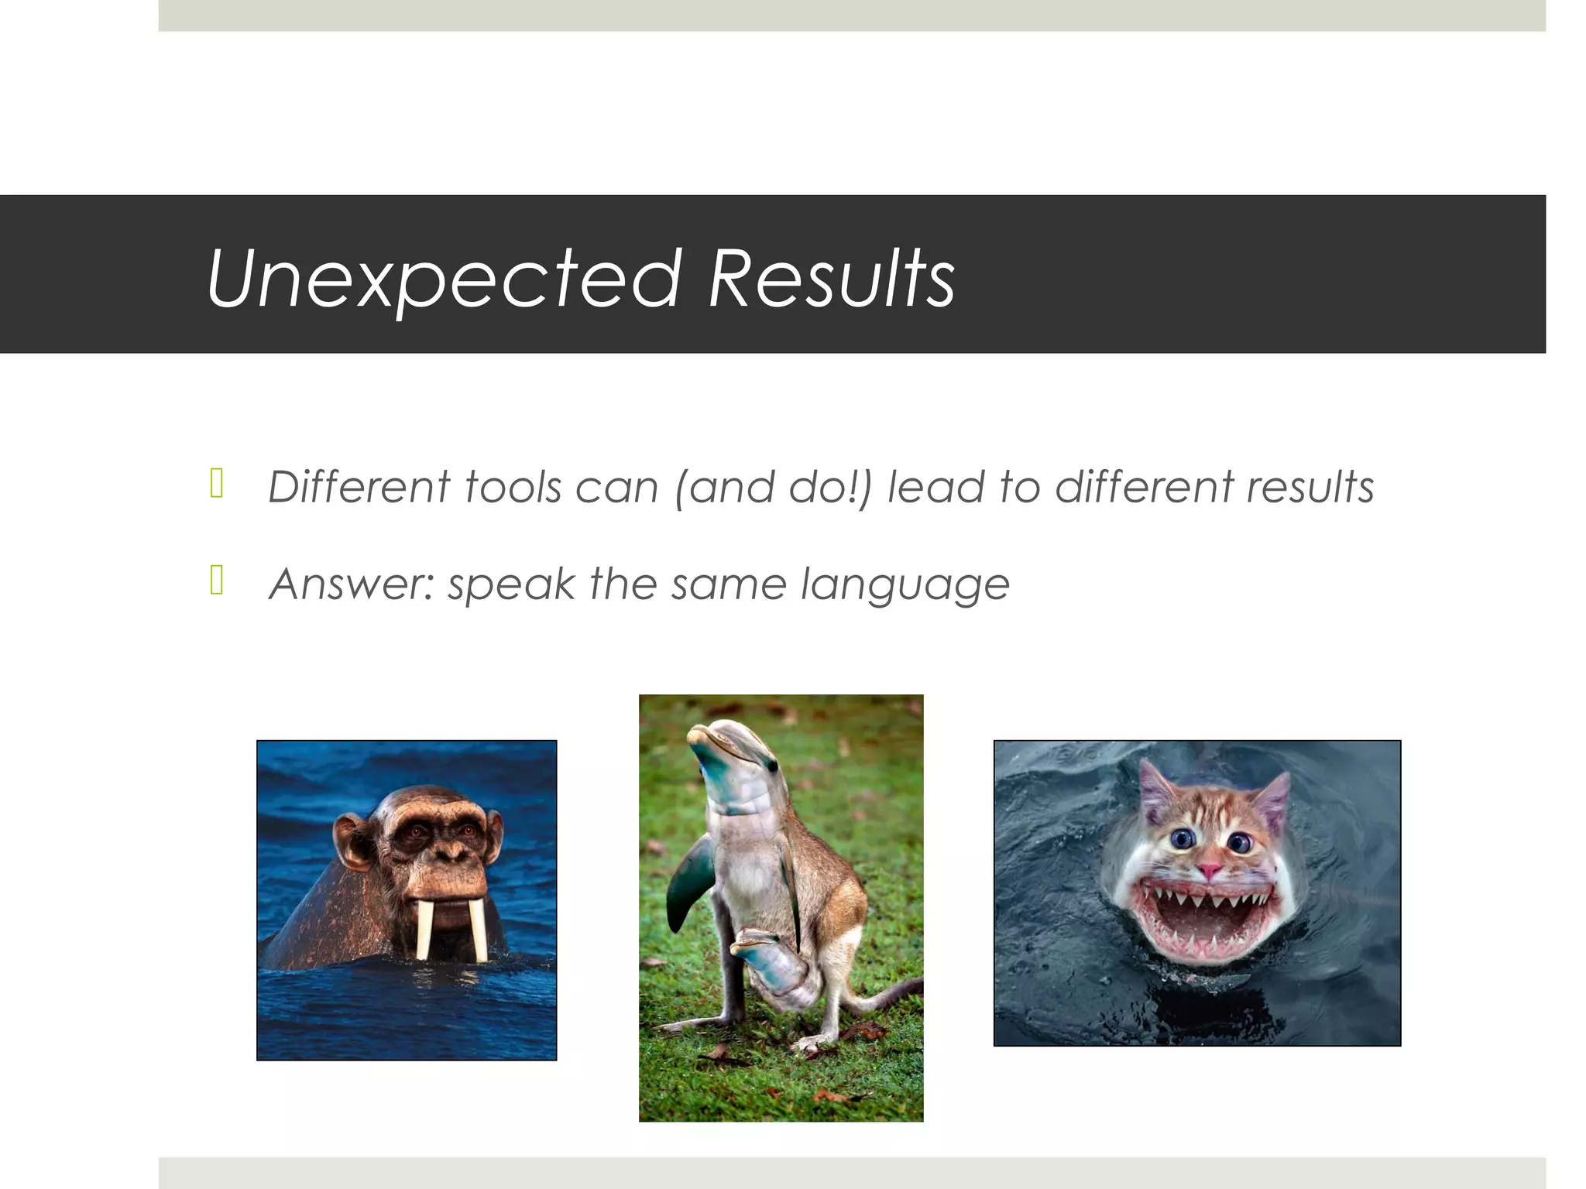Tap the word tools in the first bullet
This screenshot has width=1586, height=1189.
pos(512,488)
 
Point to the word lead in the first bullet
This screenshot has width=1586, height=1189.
pos(935,488)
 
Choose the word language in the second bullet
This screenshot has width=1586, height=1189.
pos(905,585)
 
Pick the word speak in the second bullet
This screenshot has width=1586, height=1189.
pos(511,584)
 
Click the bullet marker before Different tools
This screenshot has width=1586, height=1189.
pos(217,484)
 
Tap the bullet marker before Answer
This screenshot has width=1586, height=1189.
pos(217,580)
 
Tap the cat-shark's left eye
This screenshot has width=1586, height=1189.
pos(1182,838)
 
